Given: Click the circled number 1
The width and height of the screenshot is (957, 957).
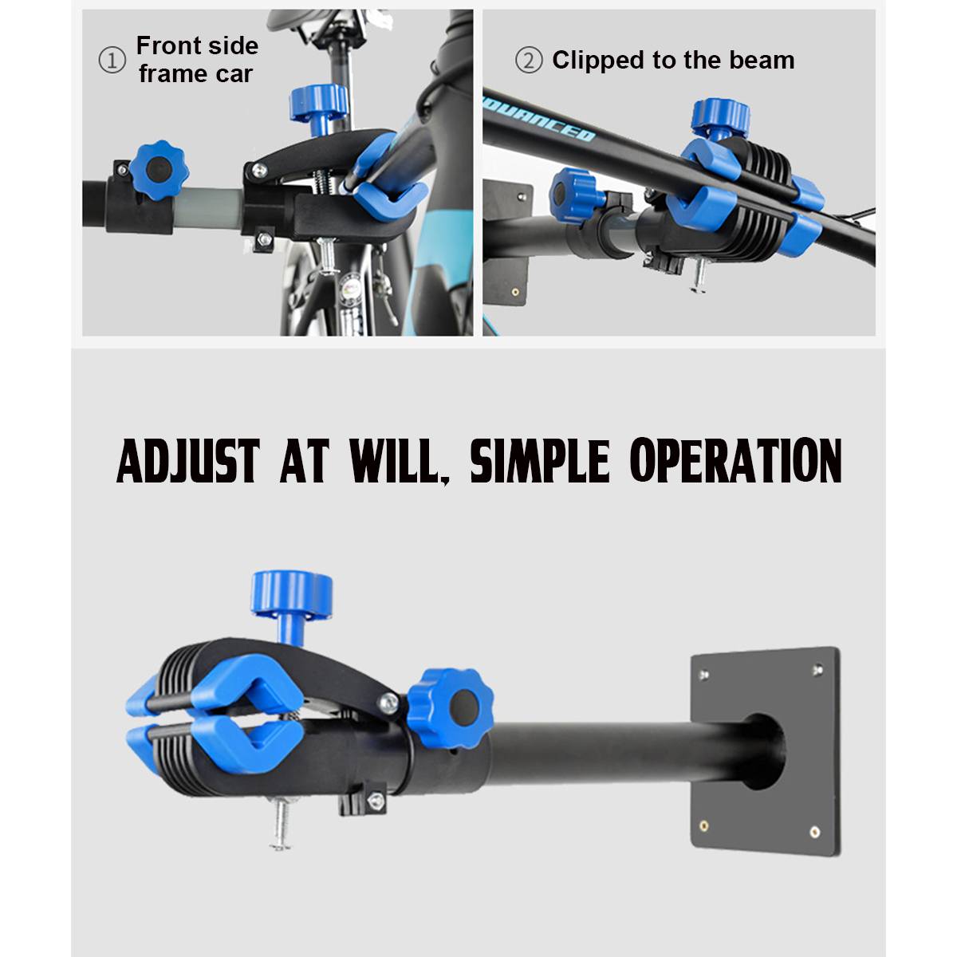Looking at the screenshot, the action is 112,61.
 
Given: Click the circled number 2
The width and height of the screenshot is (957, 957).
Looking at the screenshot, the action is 529,61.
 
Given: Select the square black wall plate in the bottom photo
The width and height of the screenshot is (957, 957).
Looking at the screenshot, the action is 766,750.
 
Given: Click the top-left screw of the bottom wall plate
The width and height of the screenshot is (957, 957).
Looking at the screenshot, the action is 704,675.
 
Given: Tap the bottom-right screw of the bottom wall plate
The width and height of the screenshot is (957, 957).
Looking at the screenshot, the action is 815,831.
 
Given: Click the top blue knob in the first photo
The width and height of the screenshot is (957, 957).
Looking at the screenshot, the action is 318,108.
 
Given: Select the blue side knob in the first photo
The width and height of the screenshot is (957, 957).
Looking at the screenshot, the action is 159,171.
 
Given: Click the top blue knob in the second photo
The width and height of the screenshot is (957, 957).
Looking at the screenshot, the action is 721,119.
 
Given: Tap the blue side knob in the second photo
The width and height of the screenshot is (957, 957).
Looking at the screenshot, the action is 574,195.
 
